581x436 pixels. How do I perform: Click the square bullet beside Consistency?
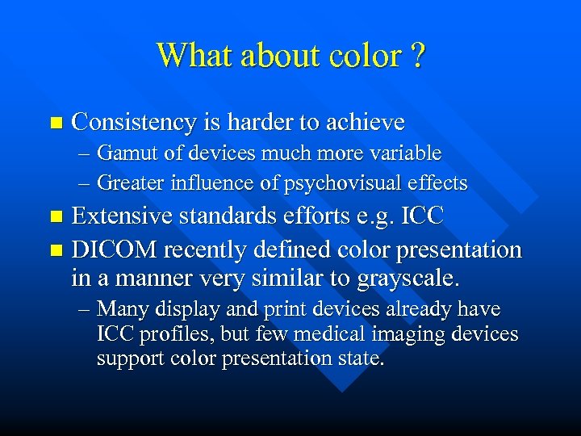coord(55,124)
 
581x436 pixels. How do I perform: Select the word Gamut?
coord(127,153)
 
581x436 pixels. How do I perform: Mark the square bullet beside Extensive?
coord(55,217)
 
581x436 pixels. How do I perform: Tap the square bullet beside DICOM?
coord(55,251)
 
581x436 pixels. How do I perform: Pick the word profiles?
coord(170,334)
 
